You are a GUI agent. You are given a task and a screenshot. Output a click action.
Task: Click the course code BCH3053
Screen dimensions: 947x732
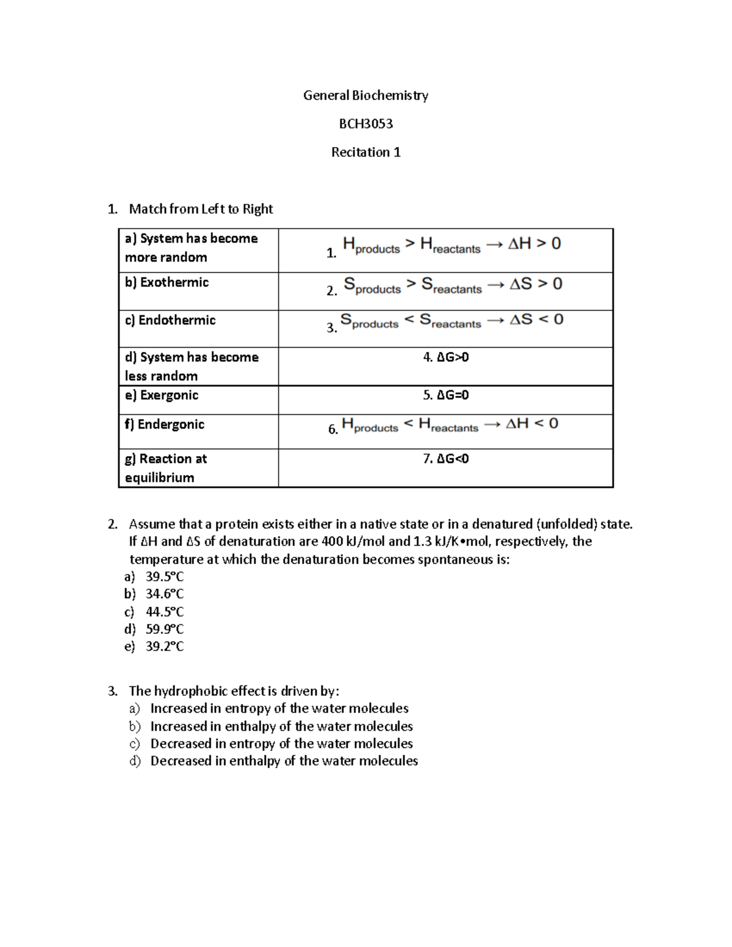click(x=365, y=124)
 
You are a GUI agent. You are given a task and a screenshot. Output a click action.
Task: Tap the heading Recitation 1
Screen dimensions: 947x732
click(x=365, y=152)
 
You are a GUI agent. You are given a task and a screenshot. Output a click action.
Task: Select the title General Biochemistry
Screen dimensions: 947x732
click(x=365, y=95)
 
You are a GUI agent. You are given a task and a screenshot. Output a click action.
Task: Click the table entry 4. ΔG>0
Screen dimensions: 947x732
click(x=446, y=357)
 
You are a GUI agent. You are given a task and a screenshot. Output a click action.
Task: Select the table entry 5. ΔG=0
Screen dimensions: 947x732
click(x=446, y=395)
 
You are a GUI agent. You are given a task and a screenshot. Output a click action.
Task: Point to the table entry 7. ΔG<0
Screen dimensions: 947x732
click(x=446, y=459)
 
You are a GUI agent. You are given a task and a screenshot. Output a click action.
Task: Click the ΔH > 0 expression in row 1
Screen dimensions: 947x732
click(x=534, y=244)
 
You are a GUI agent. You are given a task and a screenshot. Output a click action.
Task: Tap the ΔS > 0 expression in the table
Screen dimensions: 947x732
click(x=536, y=284)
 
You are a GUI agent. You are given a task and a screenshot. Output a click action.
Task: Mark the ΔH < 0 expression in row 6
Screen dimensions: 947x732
click(x=532, y=424)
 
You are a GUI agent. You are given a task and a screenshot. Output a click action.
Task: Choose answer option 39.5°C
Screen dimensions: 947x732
click(x=165, y=577)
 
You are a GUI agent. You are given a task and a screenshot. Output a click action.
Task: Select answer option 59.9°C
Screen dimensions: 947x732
click(x=165, y=629)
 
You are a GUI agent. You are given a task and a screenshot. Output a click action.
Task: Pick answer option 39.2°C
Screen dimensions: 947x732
click(x=165, y=646)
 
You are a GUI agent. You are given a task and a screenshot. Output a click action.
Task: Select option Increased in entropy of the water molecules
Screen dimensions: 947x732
click(x=279, y=709)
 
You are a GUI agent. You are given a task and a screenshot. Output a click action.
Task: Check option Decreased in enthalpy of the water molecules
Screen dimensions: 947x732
click(x=284, y=761)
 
